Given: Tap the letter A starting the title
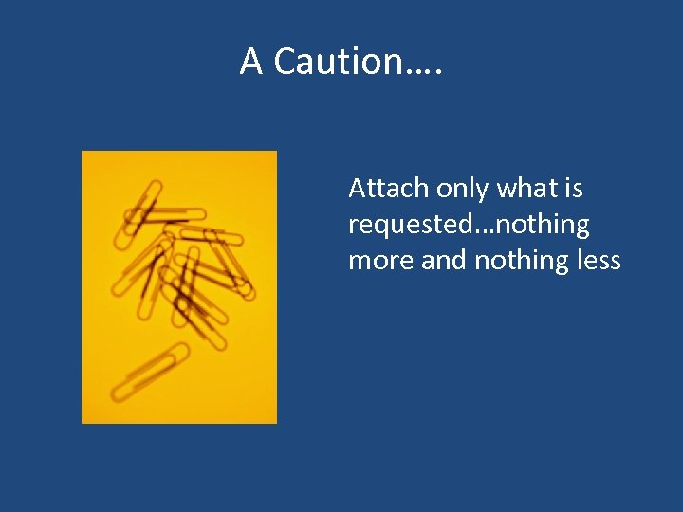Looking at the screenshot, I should (251, 62).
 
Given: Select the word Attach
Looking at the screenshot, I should (389, 189).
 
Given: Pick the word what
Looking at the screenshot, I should (527, 189).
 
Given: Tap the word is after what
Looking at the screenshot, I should (573, 189).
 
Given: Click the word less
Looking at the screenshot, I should (599, 260).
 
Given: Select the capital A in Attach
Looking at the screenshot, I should (359, 189).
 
